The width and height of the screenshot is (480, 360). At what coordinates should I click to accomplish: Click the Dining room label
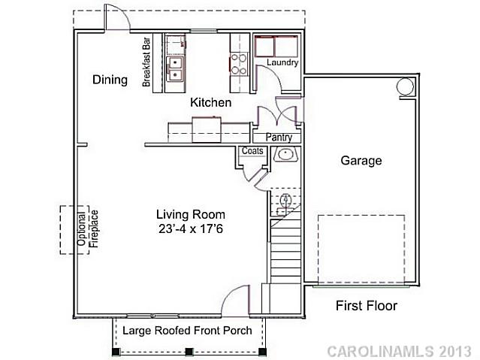[x=110, y=80]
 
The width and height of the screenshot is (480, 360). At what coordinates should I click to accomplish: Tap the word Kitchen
[x=210, y=102]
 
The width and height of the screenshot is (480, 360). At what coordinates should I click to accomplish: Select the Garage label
[x=361, y=160]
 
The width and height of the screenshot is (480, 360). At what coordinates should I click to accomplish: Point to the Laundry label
[x=282, y=63]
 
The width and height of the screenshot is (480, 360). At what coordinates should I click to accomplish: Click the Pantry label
[x=279, y=138]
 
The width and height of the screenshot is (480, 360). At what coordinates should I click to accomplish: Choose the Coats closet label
[x=251, y=151]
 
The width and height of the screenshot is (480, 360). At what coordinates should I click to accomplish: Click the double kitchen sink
[x=175, y=68]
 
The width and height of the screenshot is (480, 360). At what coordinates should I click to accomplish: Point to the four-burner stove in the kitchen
[x=239, y=64]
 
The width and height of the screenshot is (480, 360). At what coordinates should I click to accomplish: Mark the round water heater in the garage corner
[x=406, y=86]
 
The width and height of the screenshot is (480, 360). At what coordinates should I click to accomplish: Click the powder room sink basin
[x=285, y=155]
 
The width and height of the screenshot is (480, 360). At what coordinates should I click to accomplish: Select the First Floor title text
[x=366, y=306]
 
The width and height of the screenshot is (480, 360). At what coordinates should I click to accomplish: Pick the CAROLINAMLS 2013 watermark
[x=400, y=351]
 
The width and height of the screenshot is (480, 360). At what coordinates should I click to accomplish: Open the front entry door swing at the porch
[x=237, y=301]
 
